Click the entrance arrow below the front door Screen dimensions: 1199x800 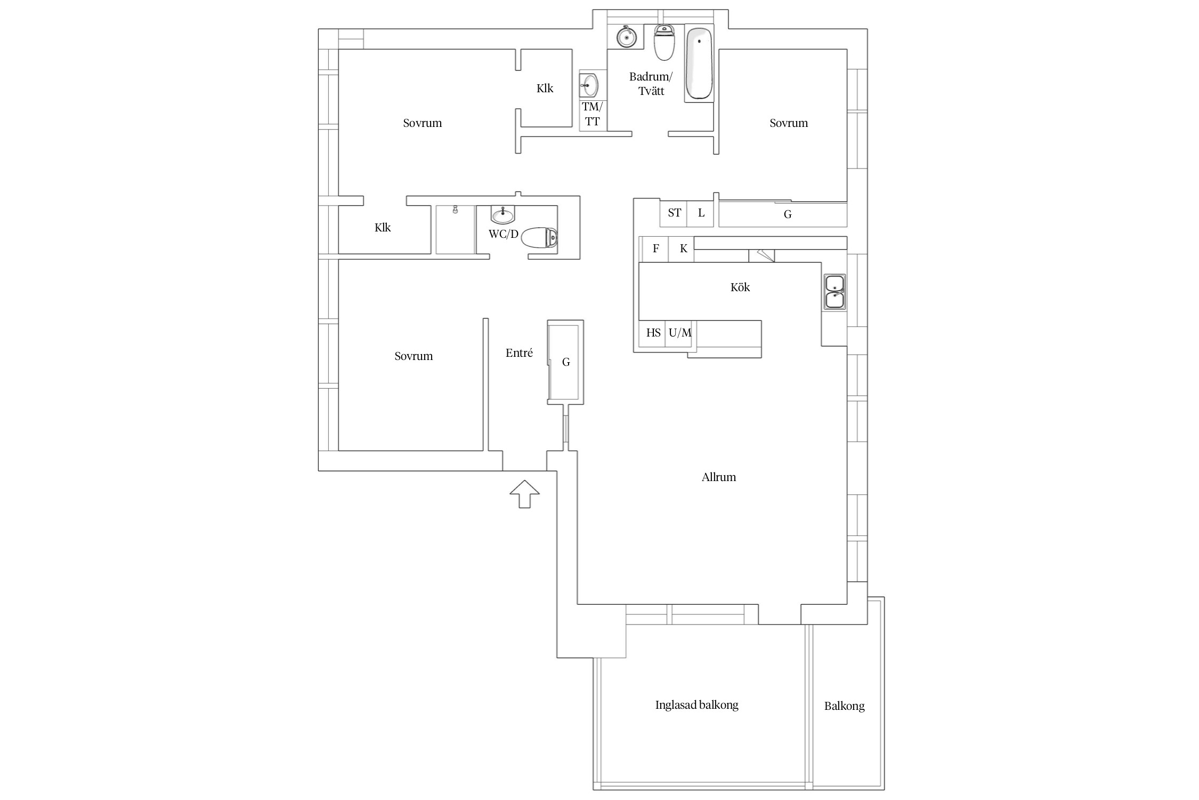pos(524,494)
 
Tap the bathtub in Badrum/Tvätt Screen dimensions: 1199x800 pos(699,63)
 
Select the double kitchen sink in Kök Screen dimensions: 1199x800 pos(834,292)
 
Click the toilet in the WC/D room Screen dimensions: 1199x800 pos(539,238)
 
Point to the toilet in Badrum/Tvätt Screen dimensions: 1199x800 pos(664,43)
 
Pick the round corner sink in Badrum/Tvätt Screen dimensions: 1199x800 pos(626,37)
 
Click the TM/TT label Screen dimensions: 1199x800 pos(592,114)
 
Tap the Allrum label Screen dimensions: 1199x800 pos(718,477)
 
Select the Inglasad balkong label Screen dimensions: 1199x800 pos(696,705)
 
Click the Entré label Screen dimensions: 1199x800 pos(519,353)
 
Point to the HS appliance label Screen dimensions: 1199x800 pos(653,333)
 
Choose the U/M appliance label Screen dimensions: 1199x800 pos(680,333)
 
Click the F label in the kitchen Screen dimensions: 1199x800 pos(656,248)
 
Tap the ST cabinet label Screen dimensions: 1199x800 pos(674,213)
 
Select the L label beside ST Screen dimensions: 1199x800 pos(701,213)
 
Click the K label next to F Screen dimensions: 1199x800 pos(684,249)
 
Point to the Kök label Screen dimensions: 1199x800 pos(740,287)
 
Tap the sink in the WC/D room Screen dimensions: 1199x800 pos(503,215)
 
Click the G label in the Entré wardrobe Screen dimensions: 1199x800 pos(566,362)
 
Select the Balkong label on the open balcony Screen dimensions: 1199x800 pos(844,706)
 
